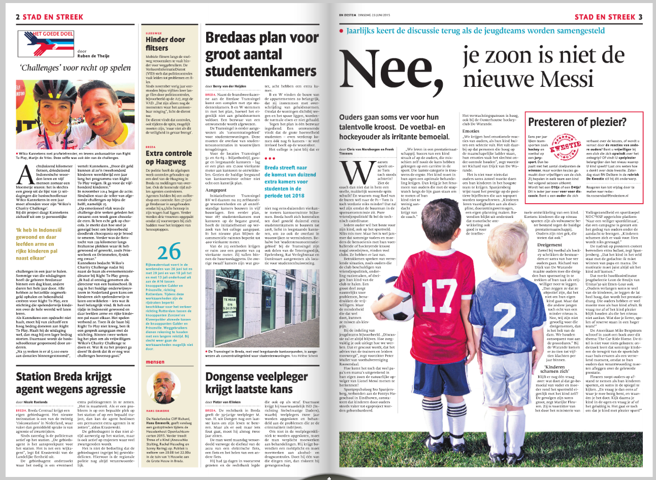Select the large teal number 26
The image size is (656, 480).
169,251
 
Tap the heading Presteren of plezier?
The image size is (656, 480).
578,122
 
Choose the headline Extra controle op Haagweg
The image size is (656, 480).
169,157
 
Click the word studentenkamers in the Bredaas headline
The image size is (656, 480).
261,71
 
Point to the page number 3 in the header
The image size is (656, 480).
640,17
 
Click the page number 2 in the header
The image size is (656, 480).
18,17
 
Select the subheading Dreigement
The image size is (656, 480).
536,245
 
